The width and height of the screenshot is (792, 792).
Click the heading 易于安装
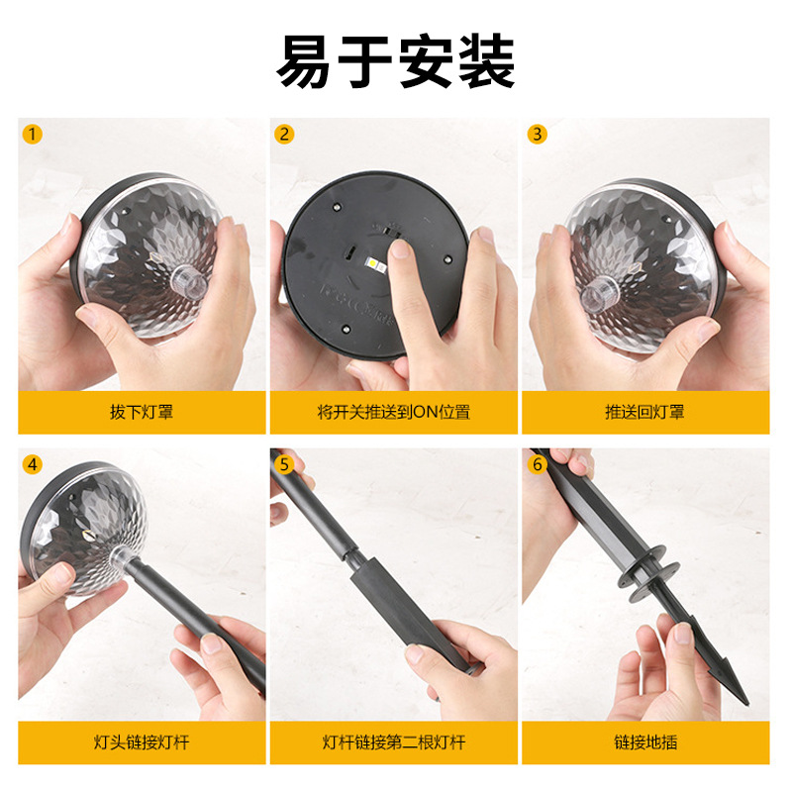coord(395,61)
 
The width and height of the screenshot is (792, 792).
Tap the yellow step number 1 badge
coord(33,135)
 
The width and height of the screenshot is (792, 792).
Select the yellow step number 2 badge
coord(284,135)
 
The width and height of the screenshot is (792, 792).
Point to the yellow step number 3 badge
coord(537,135)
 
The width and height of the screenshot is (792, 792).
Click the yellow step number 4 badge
coord(33,464)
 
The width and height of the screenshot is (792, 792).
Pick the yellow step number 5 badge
coord(284,464)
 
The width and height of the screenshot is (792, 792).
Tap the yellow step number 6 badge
coord(537,464)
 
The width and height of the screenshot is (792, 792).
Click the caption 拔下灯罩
coord(142,412)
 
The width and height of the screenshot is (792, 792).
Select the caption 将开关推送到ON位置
coord(393,412)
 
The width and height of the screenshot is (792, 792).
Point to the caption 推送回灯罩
coord(645,412)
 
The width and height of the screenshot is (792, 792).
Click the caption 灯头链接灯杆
coord(142,742)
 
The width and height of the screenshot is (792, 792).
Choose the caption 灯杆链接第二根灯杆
coord(393,742)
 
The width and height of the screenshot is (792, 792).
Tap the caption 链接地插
coord(645,742)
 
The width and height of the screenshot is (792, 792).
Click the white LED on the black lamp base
coord(376,263)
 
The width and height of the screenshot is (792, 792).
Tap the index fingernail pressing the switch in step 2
coord(401,248)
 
